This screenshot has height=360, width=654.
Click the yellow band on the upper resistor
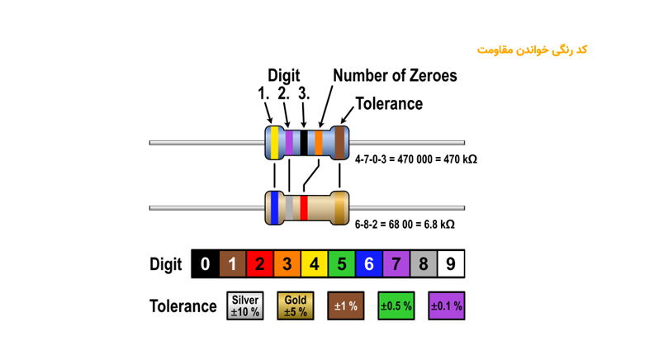pos(274,143)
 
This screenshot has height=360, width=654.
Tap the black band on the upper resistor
pos(304,143)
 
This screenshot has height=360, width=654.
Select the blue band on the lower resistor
pos(274,206)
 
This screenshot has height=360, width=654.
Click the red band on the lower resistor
pos(304,206)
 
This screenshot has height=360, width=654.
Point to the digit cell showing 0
pos(205,264)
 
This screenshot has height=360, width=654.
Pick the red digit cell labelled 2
pos(259,264)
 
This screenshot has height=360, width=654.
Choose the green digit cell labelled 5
pos(341,264)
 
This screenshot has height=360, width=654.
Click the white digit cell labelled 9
pos(450,264)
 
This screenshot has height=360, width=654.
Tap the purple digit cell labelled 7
pos(396,264)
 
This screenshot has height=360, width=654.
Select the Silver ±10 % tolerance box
pos(245,306)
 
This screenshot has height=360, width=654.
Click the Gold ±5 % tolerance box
pos(295,306)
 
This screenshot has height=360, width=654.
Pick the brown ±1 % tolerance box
pos(345,306)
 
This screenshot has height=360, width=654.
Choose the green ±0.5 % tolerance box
pos(396,306)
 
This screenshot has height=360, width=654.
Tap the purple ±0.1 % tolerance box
pos(446,306)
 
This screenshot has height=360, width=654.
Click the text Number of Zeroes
pos(395,76)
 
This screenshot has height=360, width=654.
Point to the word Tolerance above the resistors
pos(388,104)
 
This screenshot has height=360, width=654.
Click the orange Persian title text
pos(532,50)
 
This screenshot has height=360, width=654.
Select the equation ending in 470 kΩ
pos(415,159)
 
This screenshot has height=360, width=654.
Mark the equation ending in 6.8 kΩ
pos(405,224)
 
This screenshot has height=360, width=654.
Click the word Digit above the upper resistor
pos(283,76)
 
